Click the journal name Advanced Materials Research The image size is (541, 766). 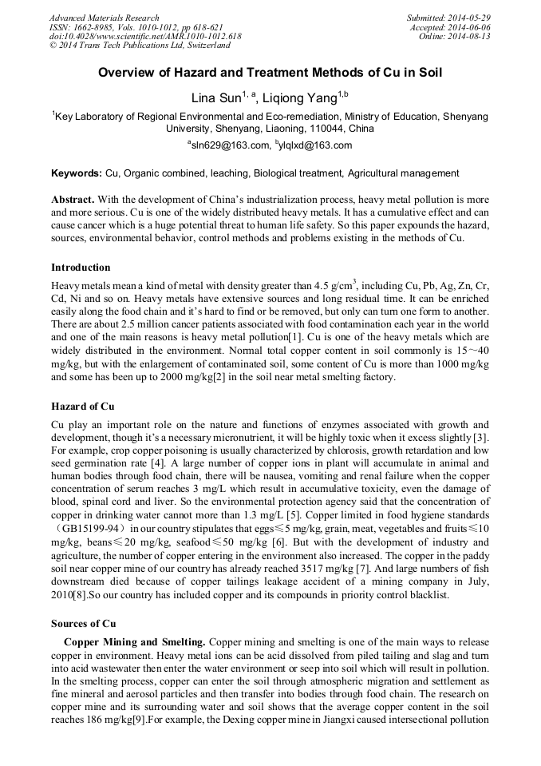click(104, 18)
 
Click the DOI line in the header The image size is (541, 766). click(145, 37)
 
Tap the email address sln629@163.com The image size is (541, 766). click(231, 145)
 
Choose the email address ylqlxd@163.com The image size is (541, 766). click(316, 145)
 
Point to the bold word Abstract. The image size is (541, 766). click(73, 199)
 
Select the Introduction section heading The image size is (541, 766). click(81, 267)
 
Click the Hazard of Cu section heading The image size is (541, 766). click(83, 407)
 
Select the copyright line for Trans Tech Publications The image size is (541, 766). click(140, 46)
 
